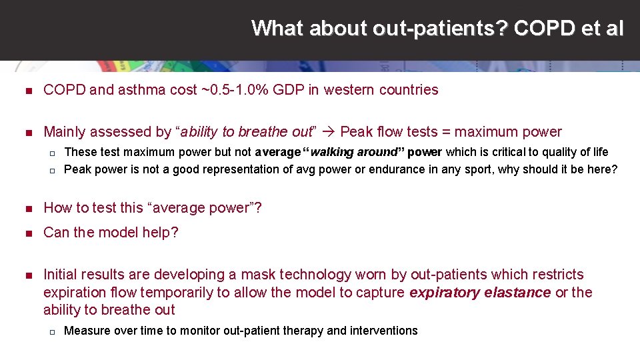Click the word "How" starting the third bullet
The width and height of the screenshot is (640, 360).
58,208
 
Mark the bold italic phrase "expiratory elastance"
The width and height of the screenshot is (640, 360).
480,292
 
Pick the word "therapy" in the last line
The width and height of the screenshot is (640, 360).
303,331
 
